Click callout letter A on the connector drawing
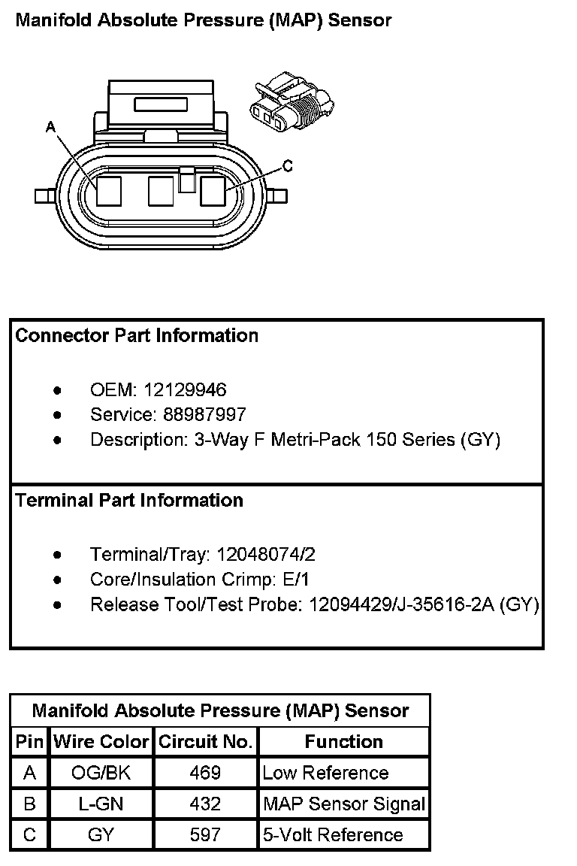[51, 128]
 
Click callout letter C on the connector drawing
[287, 165]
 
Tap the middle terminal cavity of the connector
[162, 191]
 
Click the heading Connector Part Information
[137, 336]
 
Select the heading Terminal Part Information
[129, 501]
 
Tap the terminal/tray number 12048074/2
[265, 555]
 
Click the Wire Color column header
[101, 742]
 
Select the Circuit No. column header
[205, 742]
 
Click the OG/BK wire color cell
[101, 773]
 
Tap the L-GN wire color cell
[101, 804]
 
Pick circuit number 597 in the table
[205, 834]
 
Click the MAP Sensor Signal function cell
[344, 804]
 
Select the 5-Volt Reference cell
[333, 834]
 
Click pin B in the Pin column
[29, 804]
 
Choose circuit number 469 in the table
[205, 773]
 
